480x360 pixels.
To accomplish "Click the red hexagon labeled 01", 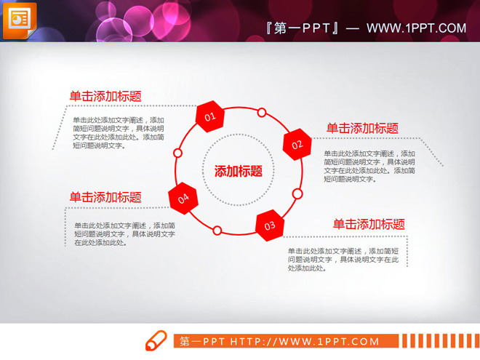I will point(209,116).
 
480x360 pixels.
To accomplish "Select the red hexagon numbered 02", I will point(297,144).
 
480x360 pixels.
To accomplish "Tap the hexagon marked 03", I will point(270,225).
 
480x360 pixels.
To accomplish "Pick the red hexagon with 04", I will point(183,197).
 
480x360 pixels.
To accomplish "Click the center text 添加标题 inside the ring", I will point(239,172).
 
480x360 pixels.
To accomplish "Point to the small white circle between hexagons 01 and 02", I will point(262,113).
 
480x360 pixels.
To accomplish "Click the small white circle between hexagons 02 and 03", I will point(297,193).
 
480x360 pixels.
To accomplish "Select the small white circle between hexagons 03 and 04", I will point(217,231).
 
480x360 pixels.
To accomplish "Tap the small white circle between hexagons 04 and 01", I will point(177,153).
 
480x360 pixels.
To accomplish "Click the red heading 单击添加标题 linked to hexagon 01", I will point(105,96).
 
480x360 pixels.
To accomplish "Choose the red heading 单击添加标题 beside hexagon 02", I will point(362,128).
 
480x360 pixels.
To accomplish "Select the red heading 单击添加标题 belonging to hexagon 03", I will point(369,224).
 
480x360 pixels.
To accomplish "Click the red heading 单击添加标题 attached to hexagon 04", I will point(105,197).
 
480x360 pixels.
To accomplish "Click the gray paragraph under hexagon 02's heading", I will point(369,166).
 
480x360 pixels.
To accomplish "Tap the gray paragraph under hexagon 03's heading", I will point(343,259).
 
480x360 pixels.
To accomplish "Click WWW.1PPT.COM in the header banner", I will point(416,28).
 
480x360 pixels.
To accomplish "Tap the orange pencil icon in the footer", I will point(156,340).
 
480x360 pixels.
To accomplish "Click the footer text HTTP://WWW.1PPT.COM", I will point(305,341).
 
